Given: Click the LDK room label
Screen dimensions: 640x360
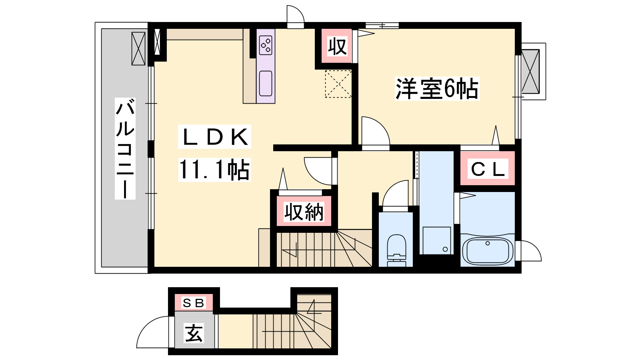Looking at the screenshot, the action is (214, 137).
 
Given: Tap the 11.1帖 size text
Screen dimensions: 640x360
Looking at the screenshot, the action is (214, 170).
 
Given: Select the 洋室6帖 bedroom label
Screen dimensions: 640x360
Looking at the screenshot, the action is (437, 88).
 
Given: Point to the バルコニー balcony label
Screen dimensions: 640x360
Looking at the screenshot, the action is (125, 148).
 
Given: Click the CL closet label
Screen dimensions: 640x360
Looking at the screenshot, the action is (488, 169).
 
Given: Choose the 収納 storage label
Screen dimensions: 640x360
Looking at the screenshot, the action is (304, 212).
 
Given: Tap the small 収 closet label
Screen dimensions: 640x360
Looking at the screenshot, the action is (337, 46).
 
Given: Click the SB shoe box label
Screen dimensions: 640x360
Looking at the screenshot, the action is (194, 303).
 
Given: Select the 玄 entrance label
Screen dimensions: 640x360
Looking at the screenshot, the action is (194, 333).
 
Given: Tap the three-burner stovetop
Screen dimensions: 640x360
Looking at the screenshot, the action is (266, 46).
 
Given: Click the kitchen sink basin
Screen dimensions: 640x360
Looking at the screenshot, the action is (266, 83).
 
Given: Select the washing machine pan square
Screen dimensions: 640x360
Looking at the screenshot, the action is (436, 240).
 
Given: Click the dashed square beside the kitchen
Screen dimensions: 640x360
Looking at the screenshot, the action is (338, 84).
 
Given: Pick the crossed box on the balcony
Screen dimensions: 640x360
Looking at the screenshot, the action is (138, 48).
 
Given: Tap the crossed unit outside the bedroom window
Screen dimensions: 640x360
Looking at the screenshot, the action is (530, 72).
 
